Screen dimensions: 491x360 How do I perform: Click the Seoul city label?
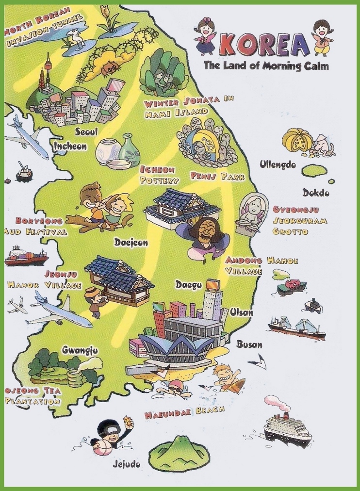click(x=86, y=131)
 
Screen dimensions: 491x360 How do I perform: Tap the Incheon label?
click(x=70, y=146)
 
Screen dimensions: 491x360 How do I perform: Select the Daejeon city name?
click(x=131, y=242)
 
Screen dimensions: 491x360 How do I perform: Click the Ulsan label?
click(x=241, y=312)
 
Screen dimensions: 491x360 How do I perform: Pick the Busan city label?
click(x=249, y=344)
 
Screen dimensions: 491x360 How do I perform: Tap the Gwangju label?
click(x=80, y=350)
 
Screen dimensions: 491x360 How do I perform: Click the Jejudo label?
click(x=126, y=464)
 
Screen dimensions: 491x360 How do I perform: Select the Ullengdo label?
click(x=278, y=164)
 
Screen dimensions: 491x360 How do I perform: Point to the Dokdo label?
click(x=316, y=193)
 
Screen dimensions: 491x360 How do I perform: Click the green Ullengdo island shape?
click(x=314, y=171)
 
